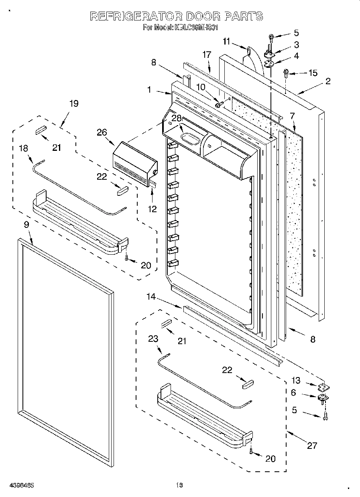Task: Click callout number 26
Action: [102, 131]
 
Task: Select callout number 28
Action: [177, 118]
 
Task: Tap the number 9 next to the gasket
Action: [26, 225]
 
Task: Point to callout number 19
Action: [73, 103]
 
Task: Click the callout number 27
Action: [312, 445]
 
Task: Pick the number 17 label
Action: [207, 55]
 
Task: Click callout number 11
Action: [227, 41]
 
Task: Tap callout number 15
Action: [312, 73]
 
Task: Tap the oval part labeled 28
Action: [190, 138]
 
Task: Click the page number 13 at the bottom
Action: [179, 486]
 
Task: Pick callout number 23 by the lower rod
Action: [153, 339]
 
